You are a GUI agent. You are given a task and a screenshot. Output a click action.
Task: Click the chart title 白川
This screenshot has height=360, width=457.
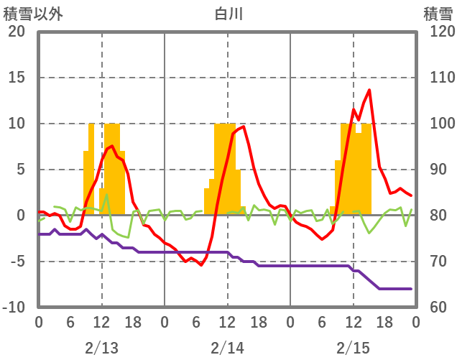pyautogui.click(x=228, y=14)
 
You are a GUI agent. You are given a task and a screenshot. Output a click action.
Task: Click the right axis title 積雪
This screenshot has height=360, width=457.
pyautogui.click(x=438, y=14)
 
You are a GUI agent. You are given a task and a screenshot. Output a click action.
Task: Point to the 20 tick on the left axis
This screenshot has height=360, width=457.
pyautogui.click(x=17, y=32)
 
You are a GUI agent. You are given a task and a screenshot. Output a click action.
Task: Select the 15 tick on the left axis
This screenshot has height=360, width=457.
pyautogui.click(x=17, y=78)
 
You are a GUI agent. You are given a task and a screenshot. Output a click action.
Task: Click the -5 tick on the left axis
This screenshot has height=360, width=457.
pyautogui.click(x=17, y=262)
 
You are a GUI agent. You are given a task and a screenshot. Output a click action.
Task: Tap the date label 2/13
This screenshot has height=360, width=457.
pyautogui.click(x=101, y=348)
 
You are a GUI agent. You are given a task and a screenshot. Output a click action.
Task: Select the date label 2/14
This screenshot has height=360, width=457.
pyautogui.click(x=228, y=348)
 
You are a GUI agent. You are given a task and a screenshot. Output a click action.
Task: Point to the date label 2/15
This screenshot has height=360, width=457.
pyautogui.click(x=354, y=348)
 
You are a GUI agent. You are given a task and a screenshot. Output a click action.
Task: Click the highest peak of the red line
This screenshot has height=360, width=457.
pyautogui.click(x=369, y=90)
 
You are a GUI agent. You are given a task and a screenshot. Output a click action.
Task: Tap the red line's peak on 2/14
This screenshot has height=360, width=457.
pyautogui.click(x=244, y=126)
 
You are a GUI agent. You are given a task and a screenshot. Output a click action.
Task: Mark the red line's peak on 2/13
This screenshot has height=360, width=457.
pyautogui.click(x=111, y=146)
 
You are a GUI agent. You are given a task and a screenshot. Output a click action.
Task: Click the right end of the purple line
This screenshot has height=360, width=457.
pyautogui.click(x=411, y=289)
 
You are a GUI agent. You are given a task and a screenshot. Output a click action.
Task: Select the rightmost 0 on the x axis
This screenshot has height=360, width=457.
pyautogui.click(x=416, y=322)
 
